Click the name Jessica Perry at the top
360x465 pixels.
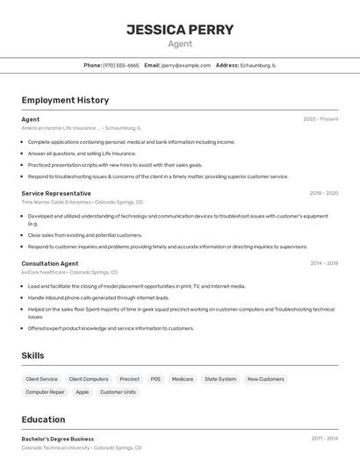[180, 30]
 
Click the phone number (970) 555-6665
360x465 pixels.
[121, 65]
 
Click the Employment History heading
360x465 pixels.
[65, 100]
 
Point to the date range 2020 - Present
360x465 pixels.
[320, 118]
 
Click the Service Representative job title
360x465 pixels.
[56, 193]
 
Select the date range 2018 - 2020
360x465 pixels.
[324, 193]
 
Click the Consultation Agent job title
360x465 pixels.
[50, 263]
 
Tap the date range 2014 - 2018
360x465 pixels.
[324, 263]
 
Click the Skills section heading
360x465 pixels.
[33, 355]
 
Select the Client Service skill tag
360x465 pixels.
[42, 379]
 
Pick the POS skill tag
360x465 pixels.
[155, 379]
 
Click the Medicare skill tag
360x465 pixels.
[183, 379]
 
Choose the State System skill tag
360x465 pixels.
[220, 379]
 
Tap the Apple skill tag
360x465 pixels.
[83, 392]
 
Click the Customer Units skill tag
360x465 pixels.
[118, 392]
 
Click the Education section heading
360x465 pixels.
[43, 419]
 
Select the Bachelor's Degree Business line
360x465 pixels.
[58, 439]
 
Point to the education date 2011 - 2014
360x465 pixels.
[324, 439]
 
